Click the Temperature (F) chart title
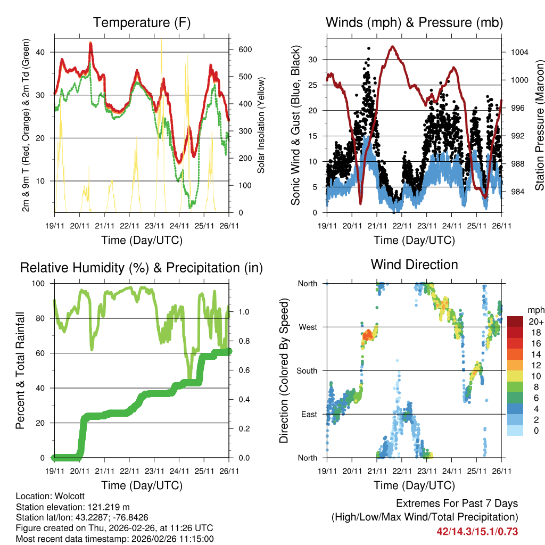[x=142, y=22]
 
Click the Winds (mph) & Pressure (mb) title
[x=414, y=22]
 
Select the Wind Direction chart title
[x=414, y=264]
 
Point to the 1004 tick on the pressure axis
[x=519, y=53]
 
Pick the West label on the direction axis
[x=308, y=327]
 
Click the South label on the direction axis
[x=307, y=370]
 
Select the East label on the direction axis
[x=308, y=414]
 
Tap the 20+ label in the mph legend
[x=535, y=322]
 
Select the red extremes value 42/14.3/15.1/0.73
[x=477, y=532]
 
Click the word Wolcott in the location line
[x=66, y=496]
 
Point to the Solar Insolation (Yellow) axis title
[x=261, y=125]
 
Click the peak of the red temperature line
[x=90, y=44]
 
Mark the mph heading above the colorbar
[x=535, y=310]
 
